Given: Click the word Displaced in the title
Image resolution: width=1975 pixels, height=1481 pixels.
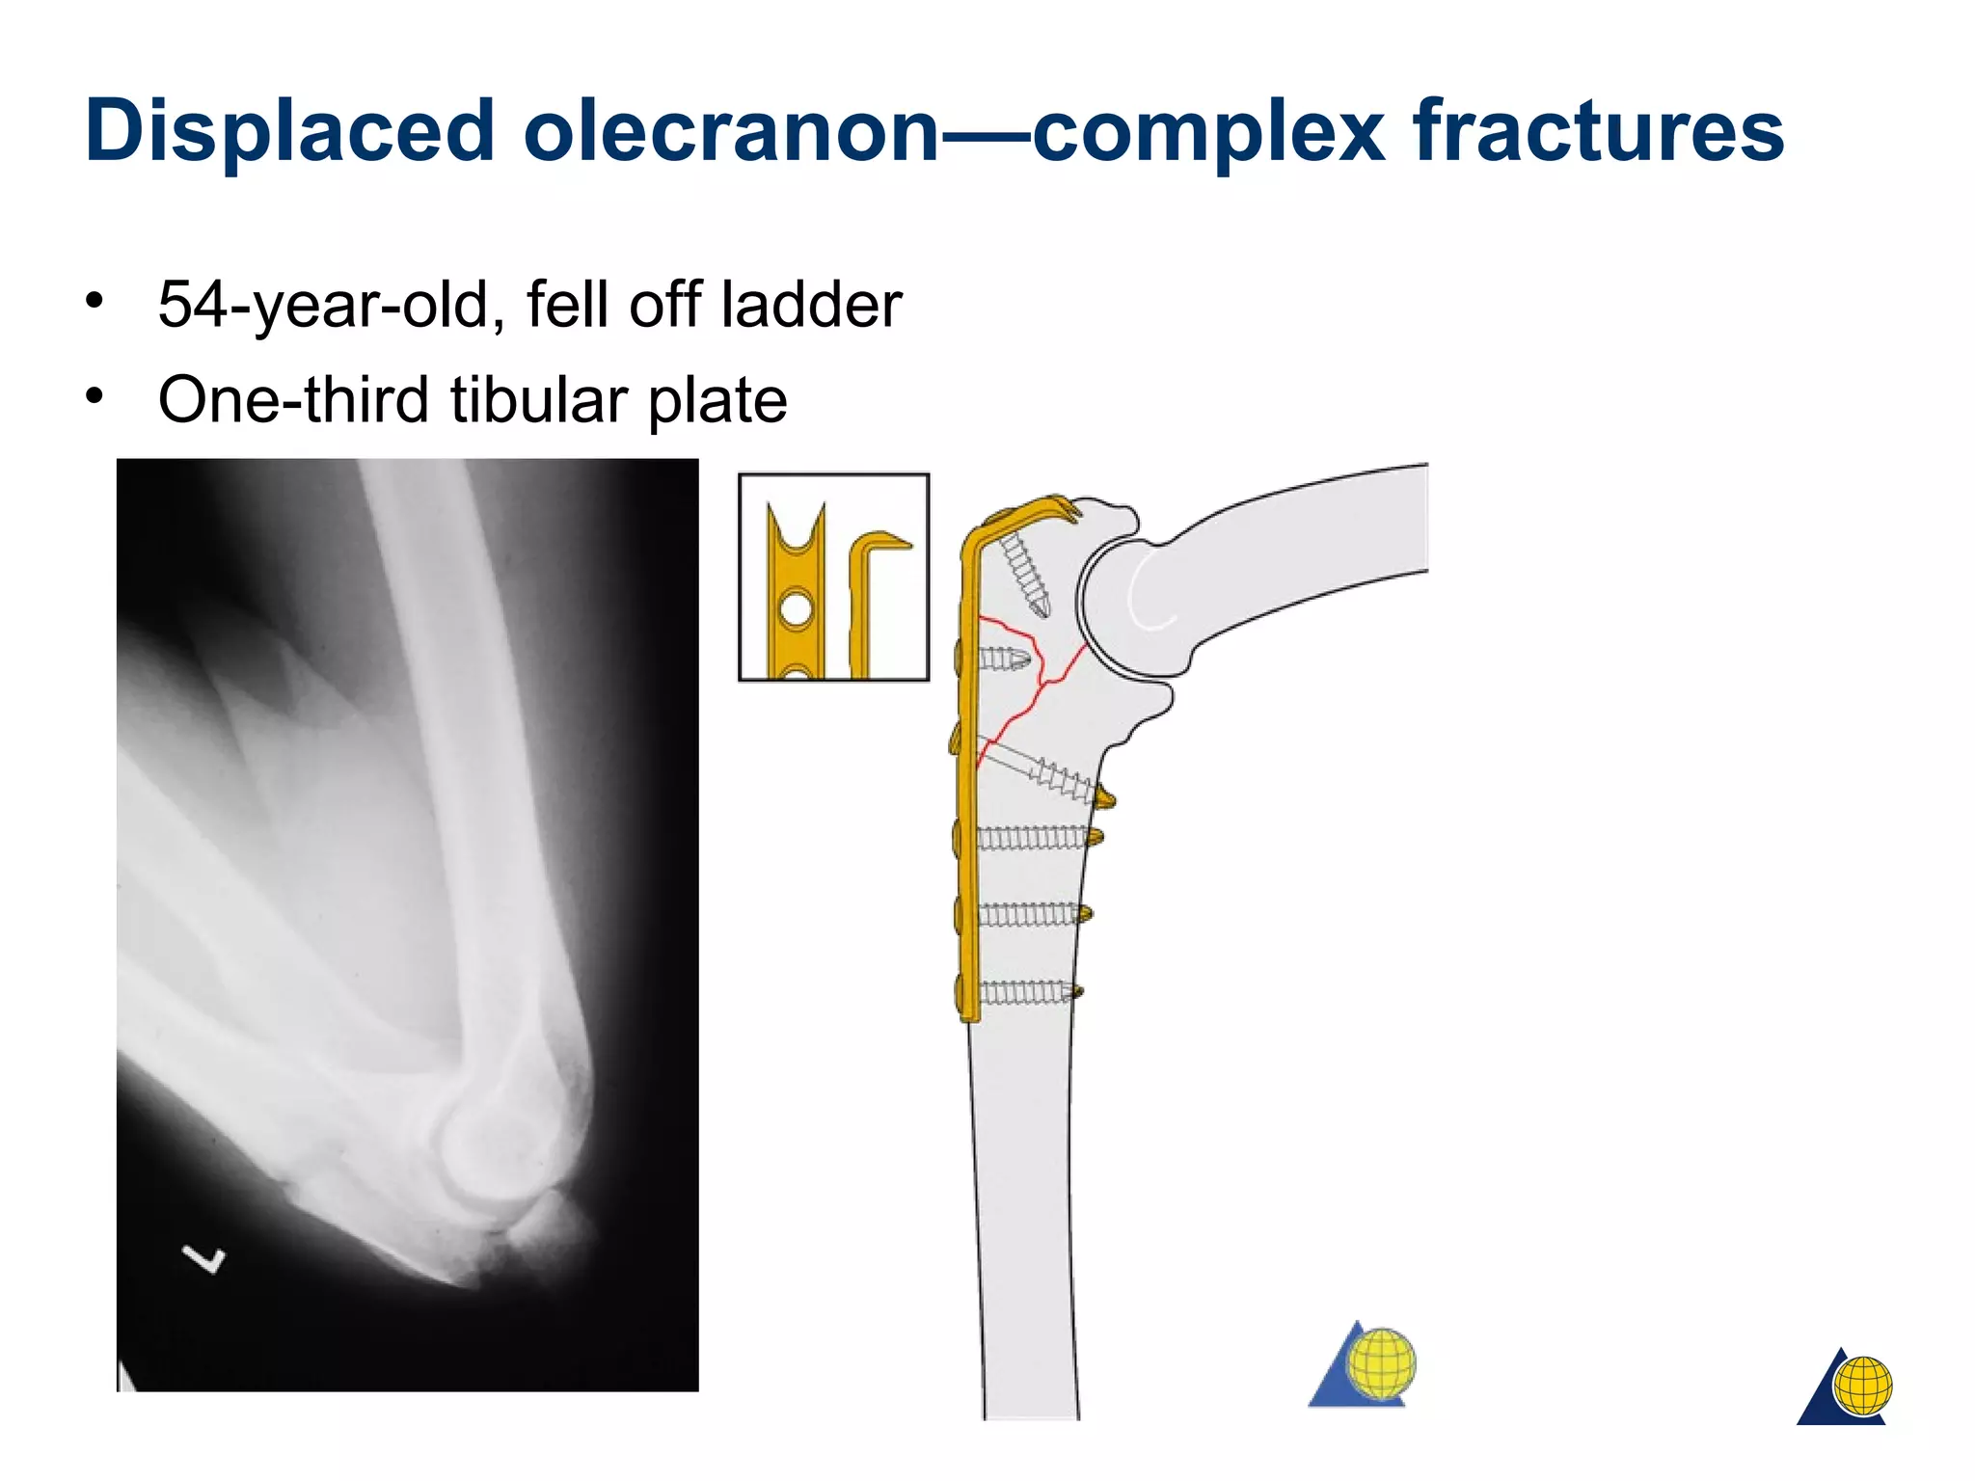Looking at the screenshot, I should pos(289,131).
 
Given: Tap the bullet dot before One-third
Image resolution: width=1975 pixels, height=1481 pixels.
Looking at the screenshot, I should pos(94,395).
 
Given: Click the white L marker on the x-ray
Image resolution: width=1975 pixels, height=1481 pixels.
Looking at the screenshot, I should pos(205,1258).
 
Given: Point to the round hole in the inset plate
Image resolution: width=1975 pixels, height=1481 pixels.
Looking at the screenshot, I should pos(796,609).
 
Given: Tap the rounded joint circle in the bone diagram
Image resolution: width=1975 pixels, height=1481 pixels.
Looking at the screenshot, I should pos(1138,607).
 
